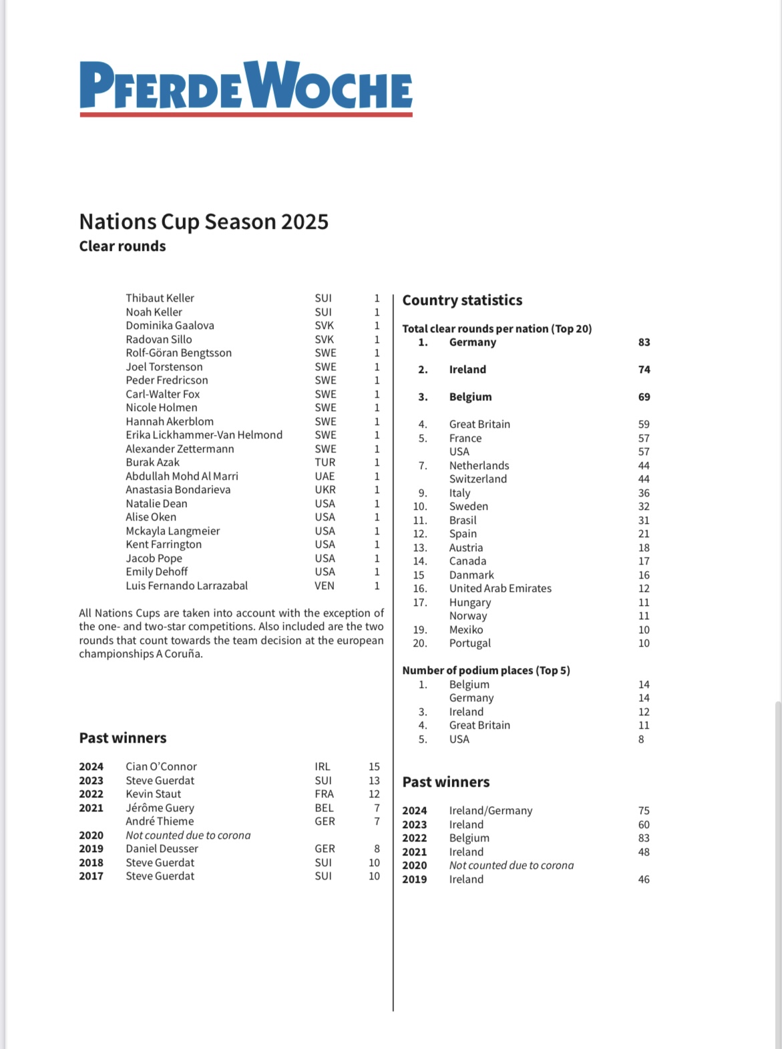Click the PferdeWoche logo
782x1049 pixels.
246,87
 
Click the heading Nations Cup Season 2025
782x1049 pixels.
204,222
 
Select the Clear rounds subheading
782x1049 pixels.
122,246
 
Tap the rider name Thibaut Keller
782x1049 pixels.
160,298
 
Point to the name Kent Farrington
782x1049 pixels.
164,545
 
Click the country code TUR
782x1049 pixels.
325,462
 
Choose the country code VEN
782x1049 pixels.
325,586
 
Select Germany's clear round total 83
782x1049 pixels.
644,342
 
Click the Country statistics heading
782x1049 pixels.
462,300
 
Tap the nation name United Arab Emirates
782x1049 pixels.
500,589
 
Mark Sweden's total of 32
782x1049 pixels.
644,506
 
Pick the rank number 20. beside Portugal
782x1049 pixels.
419,643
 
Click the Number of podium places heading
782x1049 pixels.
485,671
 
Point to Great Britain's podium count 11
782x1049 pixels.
644,725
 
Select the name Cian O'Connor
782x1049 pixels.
161,767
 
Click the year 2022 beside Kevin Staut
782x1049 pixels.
91,794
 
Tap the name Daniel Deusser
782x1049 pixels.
162,849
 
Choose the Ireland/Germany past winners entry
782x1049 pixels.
491,811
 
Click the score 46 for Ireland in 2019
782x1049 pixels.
644,880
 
